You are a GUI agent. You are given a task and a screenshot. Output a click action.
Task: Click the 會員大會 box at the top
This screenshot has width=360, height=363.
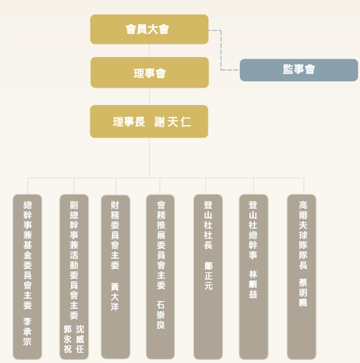click(149, 29)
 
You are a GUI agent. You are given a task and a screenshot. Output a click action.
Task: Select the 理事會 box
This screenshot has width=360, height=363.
click(149, 72)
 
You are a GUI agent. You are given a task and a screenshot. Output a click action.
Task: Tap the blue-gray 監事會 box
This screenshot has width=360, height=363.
click(299, 70)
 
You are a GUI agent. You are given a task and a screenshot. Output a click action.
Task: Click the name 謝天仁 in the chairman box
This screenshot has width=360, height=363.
click(172, 122)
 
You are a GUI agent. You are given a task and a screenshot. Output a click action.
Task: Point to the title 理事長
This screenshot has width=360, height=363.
click(129, 122)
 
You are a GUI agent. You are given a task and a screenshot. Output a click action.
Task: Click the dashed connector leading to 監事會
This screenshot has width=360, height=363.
click(221, 50)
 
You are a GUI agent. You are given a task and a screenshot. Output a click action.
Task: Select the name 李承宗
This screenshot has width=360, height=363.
click(27, 332)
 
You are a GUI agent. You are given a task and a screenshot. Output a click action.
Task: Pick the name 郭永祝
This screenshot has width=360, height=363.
click(67, 339)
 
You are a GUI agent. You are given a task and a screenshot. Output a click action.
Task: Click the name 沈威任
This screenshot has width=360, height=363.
click(80, 339)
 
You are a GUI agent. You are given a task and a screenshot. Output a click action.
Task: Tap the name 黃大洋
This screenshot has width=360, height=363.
click(115, 297)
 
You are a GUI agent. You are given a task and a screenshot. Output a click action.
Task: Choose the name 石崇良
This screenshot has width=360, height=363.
click(161, 315)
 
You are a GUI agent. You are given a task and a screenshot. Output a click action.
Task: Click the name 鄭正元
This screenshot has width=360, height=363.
click(208, 276)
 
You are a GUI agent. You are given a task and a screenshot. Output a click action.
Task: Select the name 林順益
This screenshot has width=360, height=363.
click(253, 284)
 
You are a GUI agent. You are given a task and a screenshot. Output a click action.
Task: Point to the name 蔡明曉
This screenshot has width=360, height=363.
click(303, 293)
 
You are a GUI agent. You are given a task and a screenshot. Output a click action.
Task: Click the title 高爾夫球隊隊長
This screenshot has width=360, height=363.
click(303, 235)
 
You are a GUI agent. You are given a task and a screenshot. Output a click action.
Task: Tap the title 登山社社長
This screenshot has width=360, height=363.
click(208, 225)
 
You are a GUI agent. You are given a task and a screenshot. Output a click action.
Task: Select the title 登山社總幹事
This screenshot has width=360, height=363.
click(253, 230)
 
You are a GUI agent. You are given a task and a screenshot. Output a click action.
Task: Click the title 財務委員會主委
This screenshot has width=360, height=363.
click(115, 235)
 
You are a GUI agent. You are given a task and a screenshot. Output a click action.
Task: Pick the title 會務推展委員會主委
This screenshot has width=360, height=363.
click(161, 245)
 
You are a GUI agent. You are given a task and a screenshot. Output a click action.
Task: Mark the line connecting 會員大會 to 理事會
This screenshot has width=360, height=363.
click(149, 51)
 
